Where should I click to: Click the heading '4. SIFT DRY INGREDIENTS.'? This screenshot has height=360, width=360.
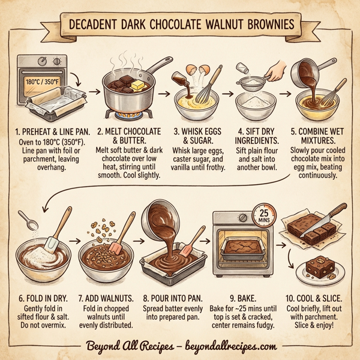pos(253,136)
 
